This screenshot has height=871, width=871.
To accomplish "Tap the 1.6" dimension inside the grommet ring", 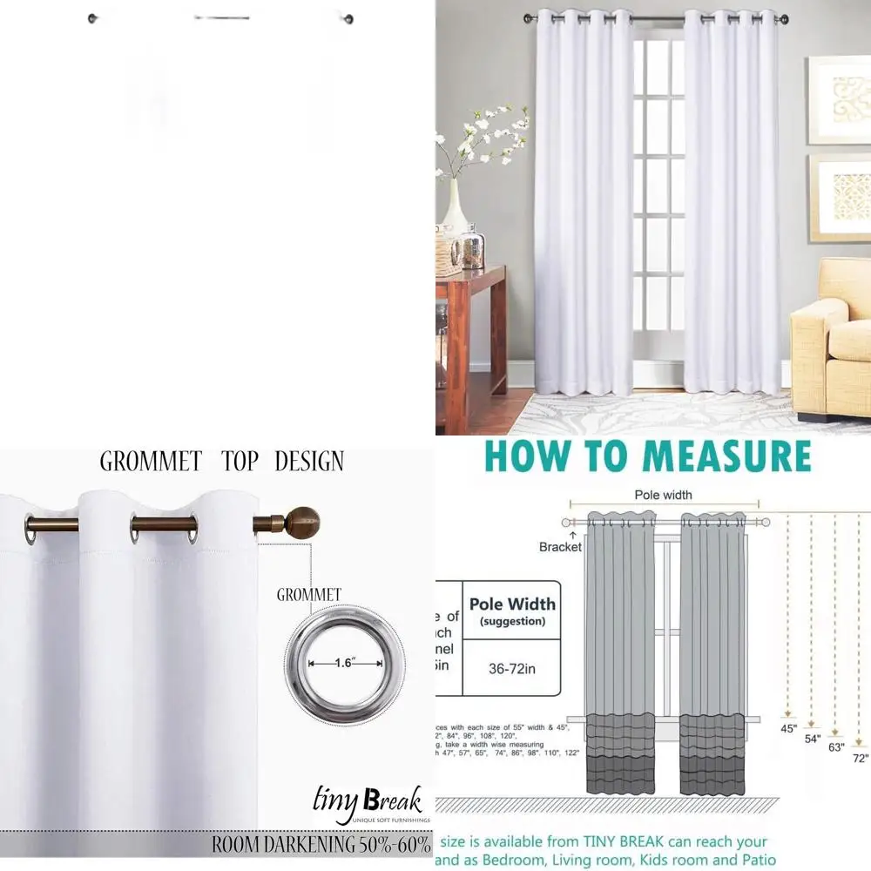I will click(342, 663).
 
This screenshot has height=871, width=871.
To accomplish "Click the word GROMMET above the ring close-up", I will click(309, 595).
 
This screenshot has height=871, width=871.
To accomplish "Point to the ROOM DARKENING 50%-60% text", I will click(321, 844).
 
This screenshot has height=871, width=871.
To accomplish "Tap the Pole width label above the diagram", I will click(664, 495).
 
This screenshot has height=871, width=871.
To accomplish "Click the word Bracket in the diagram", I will click(560, 547).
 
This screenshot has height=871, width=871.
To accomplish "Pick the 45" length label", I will click(789, 728).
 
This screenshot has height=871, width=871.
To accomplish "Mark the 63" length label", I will click(836, 746).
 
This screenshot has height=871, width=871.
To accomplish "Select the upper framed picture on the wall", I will click(840, 99).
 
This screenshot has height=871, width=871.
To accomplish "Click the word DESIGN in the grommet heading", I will click(309, 461).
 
